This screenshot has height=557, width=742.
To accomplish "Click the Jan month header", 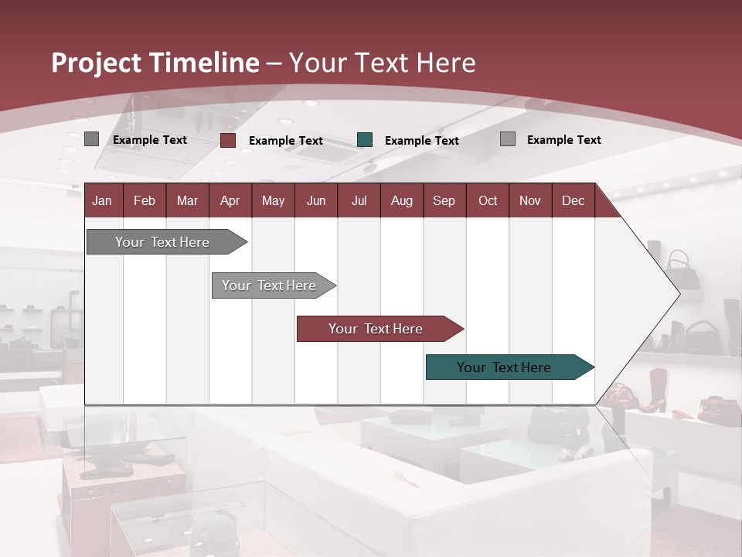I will pos(102,200).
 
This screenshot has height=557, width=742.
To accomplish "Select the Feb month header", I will pos(145,200).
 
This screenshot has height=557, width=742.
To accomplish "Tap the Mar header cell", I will pos(187,200).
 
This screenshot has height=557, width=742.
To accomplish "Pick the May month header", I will pos(273,200).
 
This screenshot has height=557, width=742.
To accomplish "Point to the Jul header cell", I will pos(359,200).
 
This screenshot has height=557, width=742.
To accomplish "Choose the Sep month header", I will pos(444,200).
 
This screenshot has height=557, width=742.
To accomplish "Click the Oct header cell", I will pos(488,200).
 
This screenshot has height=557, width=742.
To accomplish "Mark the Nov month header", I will pos(530,200).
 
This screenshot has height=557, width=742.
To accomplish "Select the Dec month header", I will pos(573,200).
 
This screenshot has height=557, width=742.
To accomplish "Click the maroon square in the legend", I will pos(228,140).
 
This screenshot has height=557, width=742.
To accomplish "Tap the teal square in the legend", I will pos(365,140).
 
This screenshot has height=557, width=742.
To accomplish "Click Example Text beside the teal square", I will pos(421,141).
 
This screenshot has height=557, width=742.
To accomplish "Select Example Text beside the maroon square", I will pos(285,141).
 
